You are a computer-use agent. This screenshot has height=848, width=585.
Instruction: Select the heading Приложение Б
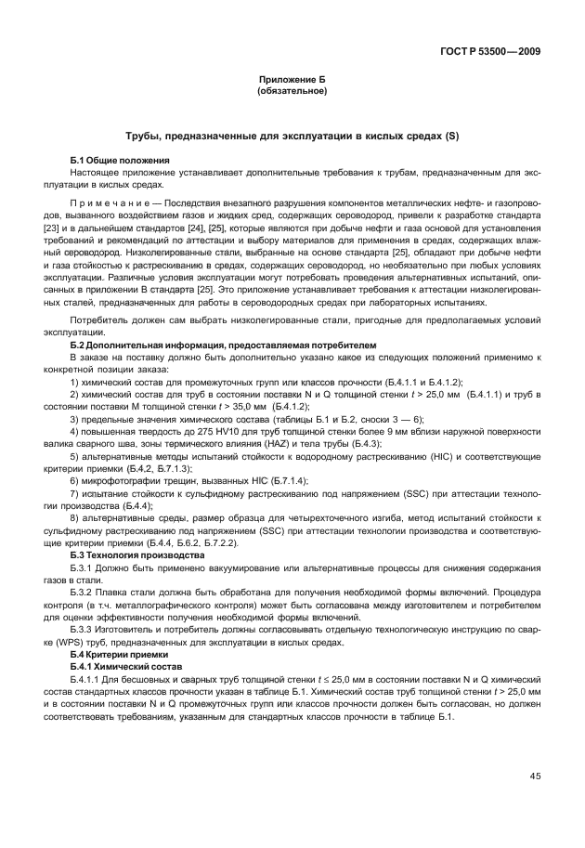292,81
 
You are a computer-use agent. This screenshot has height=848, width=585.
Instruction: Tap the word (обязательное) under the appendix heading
292,91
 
